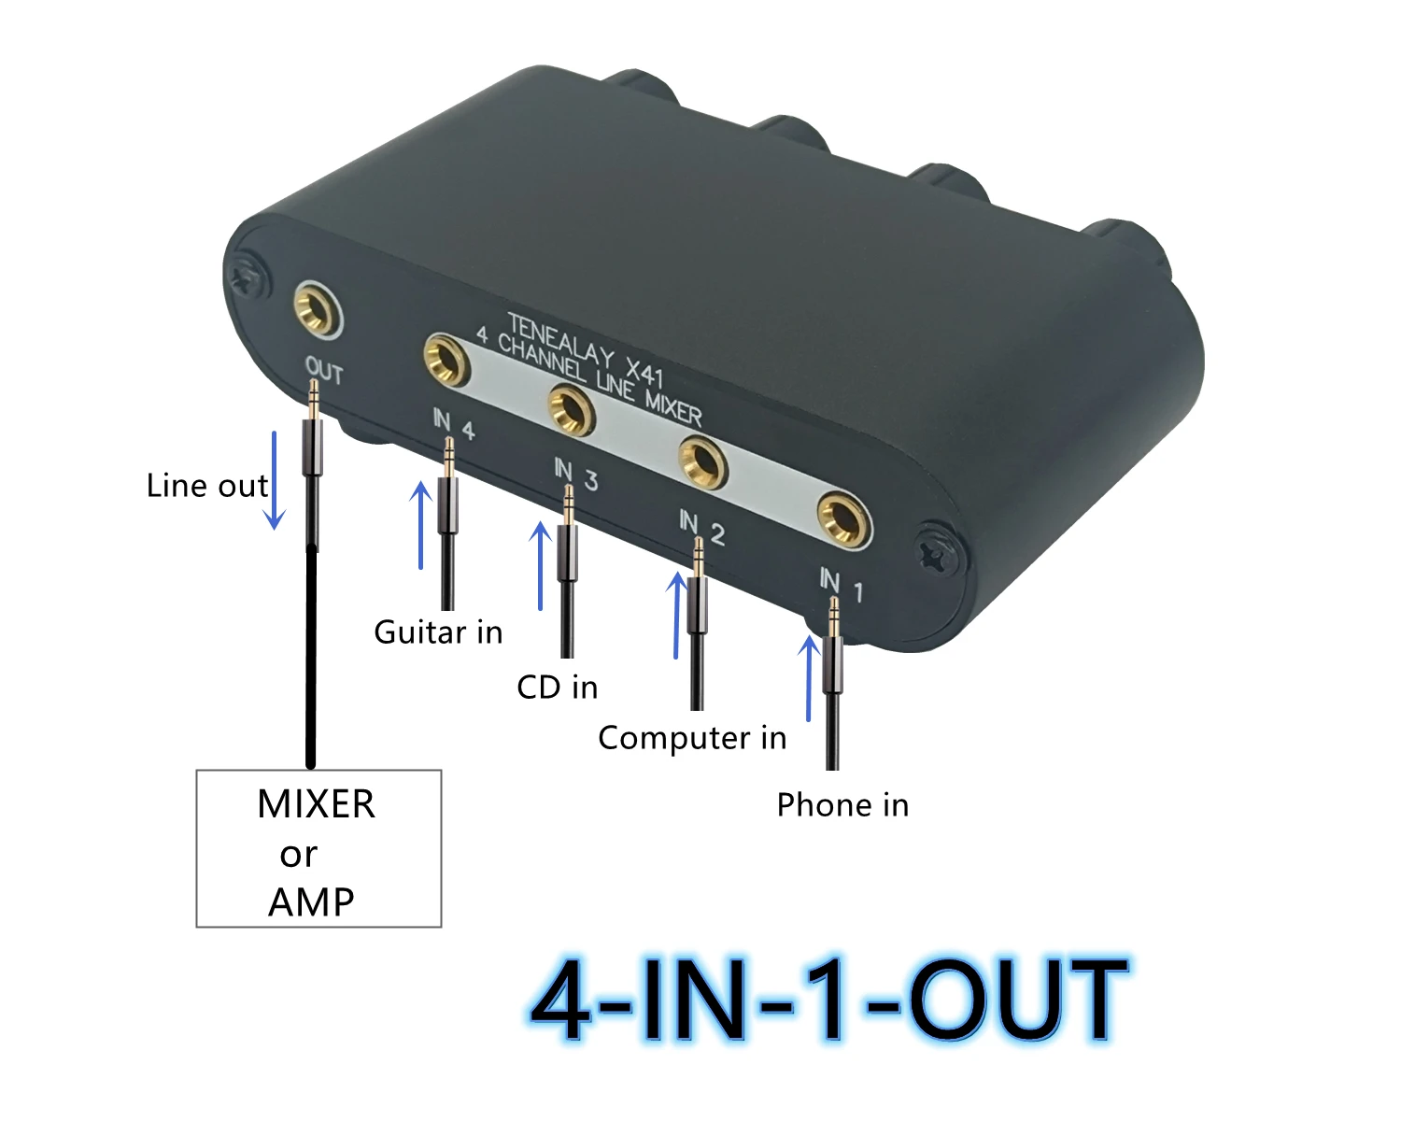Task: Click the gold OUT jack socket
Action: pos(316,308)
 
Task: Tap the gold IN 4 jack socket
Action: pos(445,361)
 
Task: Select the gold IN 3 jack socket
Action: pos(571,409)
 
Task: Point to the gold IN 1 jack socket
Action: pos(842,518)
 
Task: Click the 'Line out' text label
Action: pos(207,486)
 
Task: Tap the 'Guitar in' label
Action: pos(438,632)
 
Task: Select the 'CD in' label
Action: pos(557,688)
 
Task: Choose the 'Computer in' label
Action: pos(692,738)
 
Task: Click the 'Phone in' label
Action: pos(842,805)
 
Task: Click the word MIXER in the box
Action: pos(316,804)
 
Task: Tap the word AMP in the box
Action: pos(311,902)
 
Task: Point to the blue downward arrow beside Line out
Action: pos(275,480)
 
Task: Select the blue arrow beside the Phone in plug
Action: pos(809,678)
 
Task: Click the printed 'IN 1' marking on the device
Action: pos(841,585)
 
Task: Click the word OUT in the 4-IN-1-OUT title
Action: pos(1018,1000)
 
